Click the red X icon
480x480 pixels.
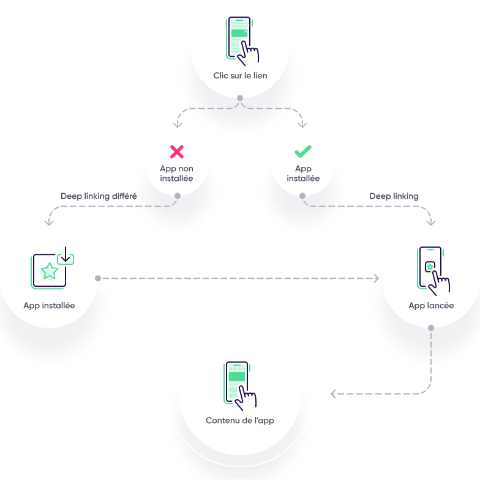point(177,152)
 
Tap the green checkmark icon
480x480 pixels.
point(303,151)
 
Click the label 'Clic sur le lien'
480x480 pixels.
point(240,76)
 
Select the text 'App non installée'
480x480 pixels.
point(176,173)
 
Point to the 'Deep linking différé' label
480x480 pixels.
point(99,196)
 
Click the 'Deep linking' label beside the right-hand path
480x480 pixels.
point(394,196)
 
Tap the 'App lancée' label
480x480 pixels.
point(431,306)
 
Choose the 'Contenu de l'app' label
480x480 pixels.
point(239,420)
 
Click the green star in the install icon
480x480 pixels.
point(49,271)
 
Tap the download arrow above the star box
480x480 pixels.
point(66,255)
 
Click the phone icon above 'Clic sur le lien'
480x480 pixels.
point(242,41)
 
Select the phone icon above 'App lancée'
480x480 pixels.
point(433,271)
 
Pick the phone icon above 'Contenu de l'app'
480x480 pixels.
point(239,386)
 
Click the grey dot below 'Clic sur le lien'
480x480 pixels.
point(240,98)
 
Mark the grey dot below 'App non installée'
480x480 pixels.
point(178,196)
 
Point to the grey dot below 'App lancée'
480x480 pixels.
point(431,328)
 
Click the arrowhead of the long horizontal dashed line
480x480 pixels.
point(377,278)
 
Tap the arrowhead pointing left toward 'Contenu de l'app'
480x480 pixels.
point(333,394)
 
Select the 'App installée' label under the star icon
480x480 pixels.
point(49,306)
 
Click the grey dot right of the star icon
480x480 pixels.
point(98,278)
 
